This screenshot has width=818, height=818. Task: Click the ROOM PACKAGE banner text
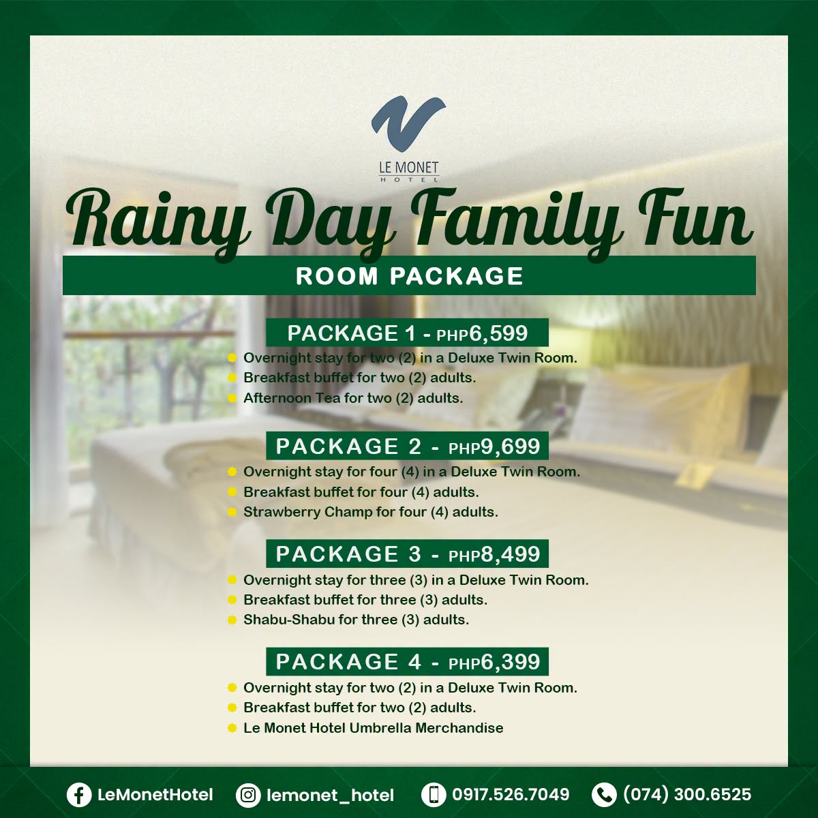[x=409, y=276]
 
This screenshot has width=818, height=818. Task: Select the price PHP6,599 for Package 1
[x=482, y=333]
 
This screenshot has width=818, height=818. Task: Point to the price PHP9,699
[x=494, y=446]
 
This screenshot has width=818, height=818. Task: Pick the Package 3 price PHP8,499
[x=494, y=554]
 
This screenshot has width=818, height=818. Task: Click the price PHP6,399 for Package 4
[x=494, y=662]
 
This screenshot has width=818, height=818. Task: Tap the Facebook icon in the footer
[x=79, y=795]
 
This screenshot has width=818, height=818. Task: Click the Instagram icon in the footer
[x=248, y=795]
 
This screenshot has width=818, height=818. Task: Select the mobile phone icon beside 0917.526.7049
[x=434, y=795]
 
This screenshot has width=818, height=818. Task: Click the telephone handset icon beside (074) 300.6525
[x=604, y=795]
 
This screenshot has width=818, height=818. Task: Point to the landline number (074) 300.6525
[x=687, y=794]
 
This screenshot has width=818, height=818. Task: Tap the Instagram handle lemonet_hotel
[x=330, y=795]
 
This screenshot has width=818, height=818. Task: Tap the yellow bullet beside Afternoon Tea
[x=232, y=398]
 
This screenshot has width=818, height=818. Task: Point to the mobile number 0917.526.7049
[x=511, y=794]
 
